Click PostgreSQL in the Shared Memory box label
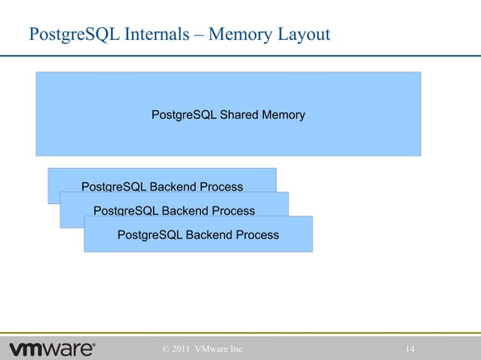[184, 115]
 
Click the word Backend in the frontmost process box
[205, 235]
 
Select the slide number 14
[411, 349]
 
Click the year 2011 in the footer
[180, 349]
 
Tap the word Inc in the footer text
[234, 349]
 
